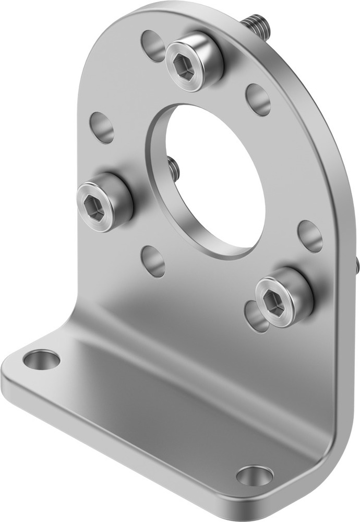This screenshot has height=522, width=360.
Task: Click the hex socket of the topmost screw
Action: pyautogui.click(x=184, y=67)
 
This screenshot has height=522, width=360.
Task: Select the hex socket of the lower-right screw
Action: pyautogui.click(x=274, y=302)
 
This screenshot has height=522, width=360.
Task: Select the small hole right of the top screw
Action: pyautogui.click(x=258, y=99)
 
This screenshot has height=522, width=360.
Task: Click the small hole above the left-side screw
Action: pyautogui.click(x=102, y=127)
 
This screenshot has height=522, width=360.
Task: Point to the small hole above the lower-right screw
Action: pyautogui.click(x=310, y=236)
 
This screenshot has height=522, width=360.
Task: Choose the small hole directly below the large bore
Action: pyautogui.click(x=153, y=261)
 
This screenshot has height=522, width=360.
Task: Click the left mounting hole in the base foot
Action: pyautogui.click(x=42, y=360)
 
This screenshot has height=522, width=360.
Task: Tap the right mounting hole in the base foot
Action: pyautogui.click(x=255, y=476)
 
